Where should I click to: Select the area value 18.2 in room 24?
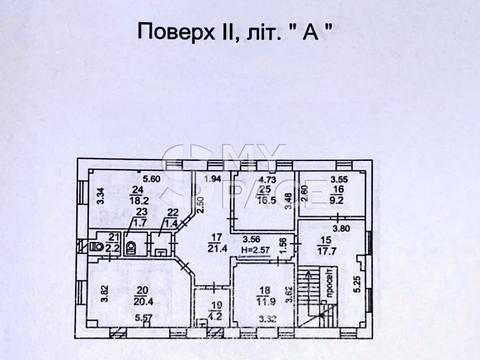[x=138, y=199]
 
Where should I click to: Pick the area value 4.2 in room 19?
[x=214, y=319]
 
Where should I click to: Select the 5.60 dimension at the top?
[x=151, y=178]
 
